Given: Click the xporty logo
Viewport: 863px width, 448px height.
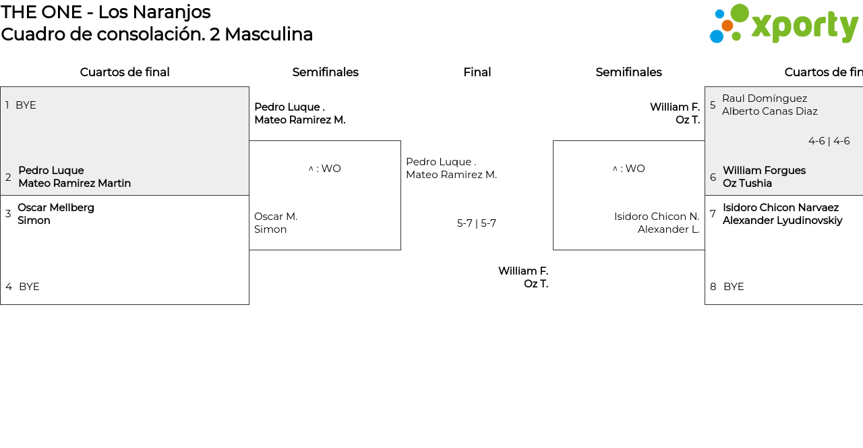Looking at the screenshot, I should tap(783, 24).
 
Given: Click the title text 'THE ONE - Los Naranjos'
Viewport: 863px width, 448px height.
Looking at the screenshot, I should tap(106, 12).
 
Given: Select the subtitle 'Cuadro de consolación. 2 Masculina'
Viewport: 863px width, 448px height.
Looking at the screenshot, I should tap(157, 34).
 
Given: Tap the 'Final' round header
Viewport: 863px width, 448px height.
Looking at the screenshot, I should tap(477, 72).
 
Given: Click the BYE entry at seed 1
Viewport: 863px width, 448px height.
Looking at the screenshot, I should tap(26, 105).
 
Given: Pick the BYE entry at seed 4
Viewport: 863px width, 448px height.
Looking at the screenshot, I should tap(29, 287).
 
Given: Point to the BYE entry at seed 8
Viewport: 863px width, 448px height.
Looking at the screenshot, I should tap(734, 287).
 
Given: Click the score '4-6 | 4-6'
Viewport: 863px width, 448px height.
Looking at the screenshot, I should tap(829, 141).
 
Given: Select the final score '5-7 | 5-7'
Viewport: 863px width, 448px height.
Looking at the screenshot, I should tap(477, 223).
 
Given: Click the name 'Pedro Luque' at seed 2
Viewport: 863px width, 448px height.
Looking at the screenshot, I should tap(51, 171).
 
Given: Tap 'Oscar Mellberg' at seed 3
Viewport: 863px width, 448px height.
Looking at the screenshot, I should tap(56, 208).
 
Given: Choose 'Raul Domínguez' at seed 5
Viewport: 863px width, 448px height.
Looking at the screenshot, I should tap(765, 99).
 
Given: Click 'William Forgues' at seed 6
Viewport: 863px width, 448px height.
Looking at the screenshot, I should tap(764, 171).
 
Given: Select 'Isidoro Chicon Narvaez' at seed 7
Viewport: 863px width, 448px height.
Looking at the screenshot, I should tap(781, 208).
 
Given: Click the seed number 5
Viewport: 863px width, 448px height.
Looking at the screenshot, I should tap(713, 105).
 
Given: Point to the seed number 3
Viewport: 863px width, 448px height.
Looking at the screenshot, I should tap(8, 214).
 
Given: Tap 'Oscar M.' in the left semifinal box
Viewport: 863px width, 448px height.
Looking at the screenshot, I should tap(276, 217).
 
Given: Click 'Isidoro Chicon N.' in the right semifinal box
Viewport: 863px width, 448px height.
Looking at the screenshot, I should tap(657, 217).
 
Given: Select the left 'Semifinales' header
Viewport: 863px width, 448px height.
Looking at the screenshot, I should tap(325, 72).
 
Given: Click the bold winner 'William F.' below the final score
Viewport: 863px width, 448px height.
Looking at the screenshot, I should tap(523, 271).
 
